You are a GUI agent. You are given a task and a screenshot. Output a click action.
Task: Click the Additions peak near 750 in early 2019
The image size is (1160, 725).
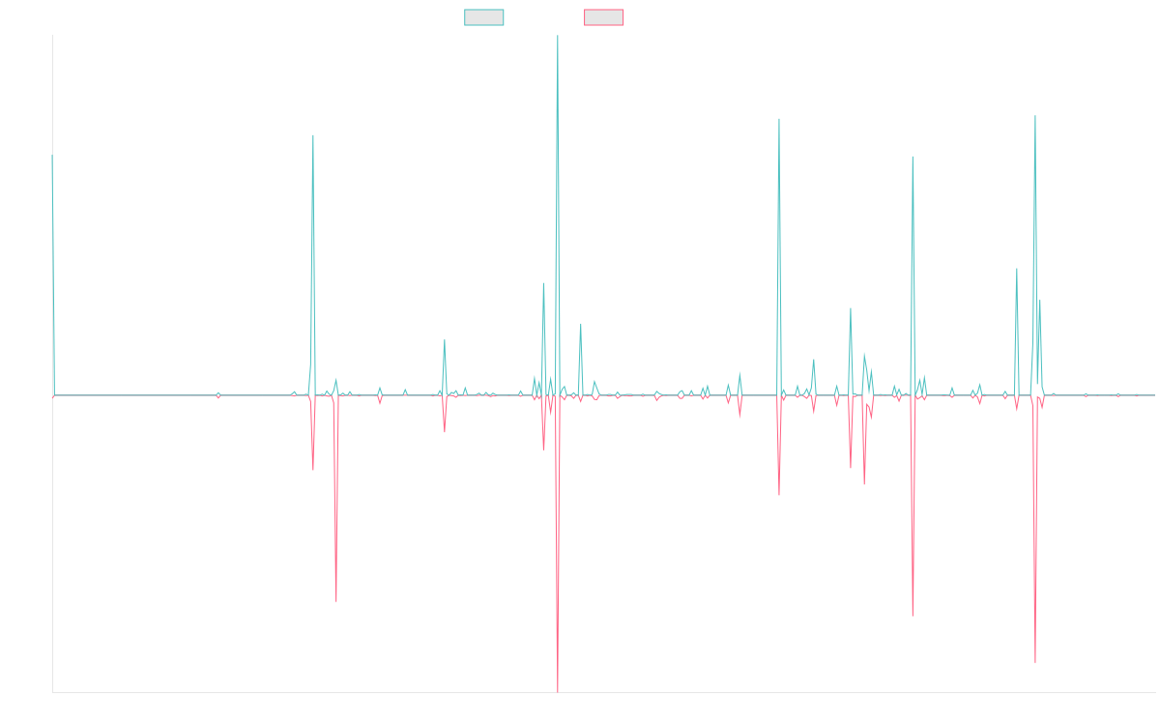pyautogui.click(x=313, y=135)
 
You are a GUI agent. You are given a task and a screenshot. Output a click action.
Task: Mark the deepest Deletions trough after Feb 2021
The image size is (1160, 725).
pyautogui.click(x=558, y=690)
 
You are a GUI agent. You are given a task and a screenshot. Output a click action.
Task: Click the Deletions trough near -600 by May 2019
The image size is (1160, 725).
pyautogui.click(x=336, y=601)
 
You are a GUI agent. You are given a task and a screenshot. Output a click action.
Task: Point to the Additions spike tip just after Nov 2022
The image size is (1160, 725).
pyautogui.click(x=779, y=119)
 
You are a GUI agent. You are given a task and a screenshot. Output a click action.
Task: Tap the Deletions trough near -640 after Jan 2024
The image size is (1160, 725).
pyautogui.click(x=913, y=616)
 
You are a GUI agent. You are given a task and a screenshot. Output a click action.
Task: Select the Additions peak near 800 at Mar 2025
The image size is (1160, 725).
pyautogui.click(x=1034, y=116)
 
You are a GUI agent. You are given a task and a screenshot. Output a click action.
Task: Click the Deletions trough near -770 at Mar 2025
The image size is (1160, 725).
pyautogui.click(x=1034, y=663)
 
